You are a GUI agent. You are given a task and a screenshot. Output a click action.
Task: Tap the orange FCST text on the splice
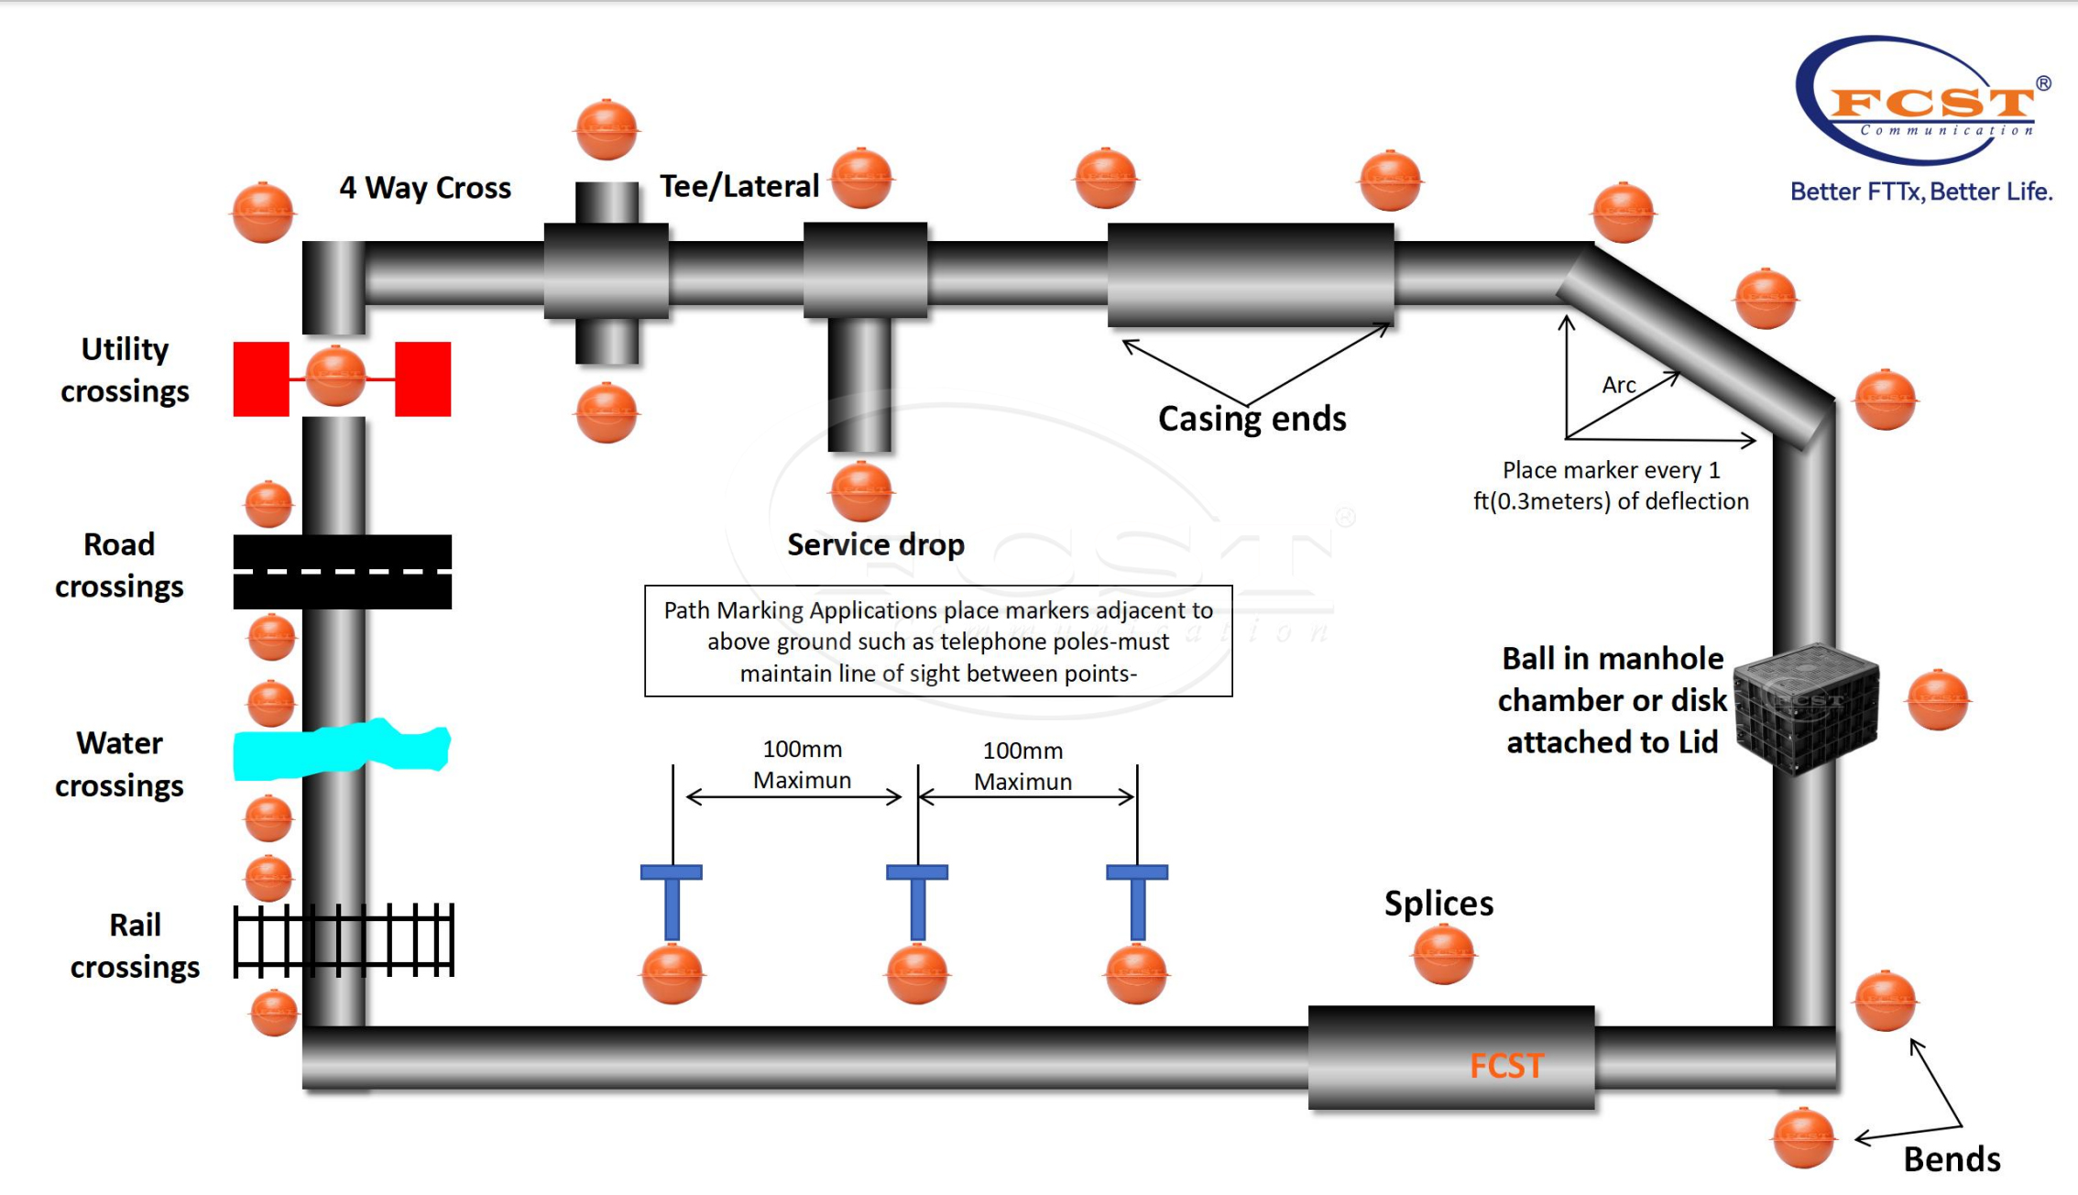pyautogui.click(x=1506, y=1066)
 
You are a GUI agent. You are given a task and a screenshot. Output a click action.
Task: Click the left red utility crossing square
pyautogui.click(x=261, y=379)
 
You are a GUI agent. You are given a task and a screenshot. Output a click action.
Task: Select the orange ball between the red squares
pyautogui.click(x=335, y=376)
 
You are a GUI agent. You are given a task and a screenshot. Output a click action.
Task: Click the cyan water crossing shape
pyautogui.click(x=341, y=750)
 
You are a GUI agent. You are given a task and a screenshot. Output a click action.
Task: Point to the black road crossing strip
pyautogui.click(x=342, y=572)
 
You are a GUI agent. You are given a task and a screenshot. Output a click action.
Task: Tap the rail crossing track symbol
pyautogui.click(x=344, y=940)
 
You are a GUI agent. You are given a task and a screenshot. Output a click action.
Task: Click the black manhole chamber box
pyautogui.click(x=1805, y=707)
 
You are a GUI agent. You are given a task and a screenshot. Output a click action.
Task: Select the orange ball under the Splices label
pyautogui.click(x=1443, y=955)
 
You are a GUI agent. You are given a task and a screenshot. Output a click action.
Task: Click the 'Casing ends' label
pyautogui.click(x=1252, y=419)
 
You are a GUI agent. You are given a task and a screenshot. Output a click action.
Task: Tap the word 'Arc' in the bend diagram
pyautogui.click(x=1618, y=385)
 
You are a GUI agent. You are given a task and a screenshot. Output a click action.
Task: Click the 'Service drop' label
pyautogui.click(x=875, y=544)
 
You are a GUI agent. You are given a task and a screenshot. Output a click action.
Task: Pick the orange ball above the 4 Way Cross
pyautogui.click(x=607, y=129)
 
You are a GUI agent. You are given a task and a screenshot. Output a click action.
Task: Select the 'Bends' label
pyautogui.click(x=1952, y=1159)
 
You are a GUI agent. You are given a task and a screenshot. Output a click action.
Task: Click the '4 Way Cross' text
pyautogui.click(x=425, y=188)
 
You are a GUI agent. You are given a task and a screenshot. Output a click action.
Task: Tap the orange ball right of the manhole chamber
pyautogui.click(x=1938, y=700)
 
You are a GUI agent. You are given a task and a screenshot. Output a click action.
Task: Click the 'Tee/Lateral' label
pyautogui.click(x=738, y=186)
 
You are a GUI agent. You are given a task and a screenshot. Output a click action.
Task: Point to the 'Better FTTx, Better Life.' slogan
pyautogui.click(x=1921, y=192)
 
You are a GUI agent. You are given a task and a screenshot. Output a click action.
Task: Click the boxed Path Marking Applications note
pyautogui.click(x=938, y=641)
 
